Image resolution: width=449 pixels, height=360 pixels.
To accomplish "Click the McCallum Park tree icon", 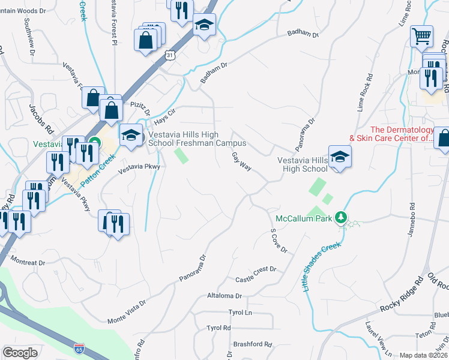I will pos(341,217).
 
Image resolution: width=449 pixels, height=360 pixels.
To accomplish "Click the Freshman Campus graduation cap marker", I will pos(131,135).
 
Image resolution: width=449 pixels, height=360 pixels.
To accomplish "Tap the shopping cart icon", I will pos(421,36).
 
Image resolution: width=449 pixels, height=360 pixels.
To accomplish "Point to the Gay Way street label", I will pos(241,161).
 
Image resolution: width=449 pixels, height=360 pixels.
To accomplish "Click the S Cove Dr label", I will pos(279,240).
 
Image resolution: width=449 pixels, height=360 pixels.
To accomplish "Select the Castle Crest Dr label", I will pos(255,275).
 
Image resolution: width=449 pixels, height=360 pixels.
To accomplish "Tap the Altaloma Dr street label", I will pos(224,296).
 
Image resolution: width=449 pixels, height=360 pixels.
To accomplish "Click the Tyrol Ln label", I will pos(240,313).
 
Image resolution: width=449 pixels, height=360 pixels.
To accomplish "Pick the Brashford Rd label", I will pos(253,344).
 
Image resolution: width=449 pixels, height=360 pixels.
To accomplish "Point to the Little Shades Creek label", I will pos(322,266).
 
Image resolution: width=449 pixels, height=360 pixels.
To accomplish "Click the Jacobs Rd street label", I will pos(38,119).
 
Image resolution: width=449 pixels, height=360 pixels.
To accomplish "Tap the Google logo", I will pos(20,353).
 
